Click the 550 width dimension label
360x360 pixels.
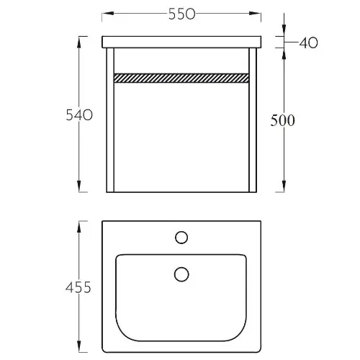(x=181, y=14)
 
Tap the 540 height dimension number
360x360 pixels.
(x=79, y=115)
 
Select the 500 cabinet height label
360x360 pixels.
(x=282, y=120)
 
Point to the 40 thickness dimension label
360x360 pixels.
(x=309, y=43)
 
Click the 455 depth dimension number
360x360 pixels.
(x=78, y=287)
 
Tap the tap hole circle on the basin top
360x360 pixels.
(x=181, y=238)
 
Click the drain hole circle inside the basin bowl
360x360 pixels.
(x=181, y=274)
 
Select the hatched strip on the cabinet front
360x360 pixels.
(x=181, y=78)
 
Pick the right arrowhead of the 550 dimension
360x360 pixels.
(x=255, y=13)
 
